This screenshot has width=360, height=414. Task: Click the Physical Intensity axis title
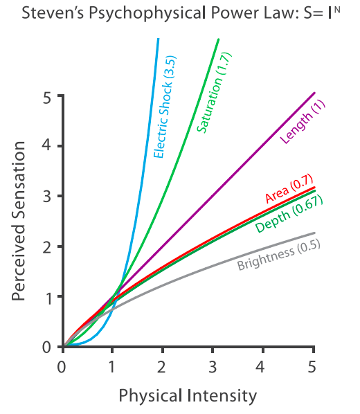[x=188, y=396]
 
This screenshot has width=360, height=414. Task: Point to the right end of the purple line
[x=315, y=93]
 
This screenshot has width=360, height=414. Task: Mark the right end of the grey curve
[x=315, y=233]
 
